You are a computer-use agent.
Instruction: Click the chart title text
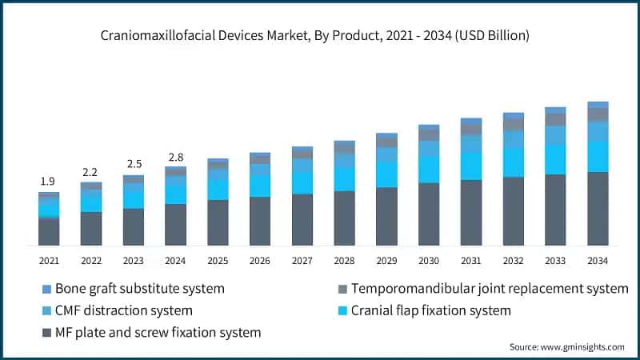[x=320, y=36]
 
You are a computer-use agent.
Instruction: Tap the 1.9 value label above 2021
[x=48, y=182]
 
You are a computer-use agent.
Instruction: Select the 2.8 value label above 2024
[x=175, y=157]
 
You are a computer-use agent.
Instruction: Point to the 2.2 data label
[x=90, y=172]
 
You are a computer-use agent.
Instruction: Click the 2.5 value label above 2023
[x=133, y=164]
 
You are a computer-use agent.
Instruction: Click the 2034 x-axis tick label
[x=598, y=261]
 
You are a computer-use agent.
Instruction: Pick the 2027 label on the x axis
[x=302, y=261]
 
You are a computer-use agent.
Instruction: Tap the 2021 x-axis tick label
[x=48, y=261]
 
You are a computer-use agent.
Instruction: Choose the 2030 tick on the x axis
[x=429, y=261]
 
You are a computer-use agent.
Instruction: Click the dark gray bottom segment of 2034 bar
[x=598, y=208]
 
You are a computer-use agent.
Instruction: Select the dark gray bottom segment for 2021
[x=48, y=231]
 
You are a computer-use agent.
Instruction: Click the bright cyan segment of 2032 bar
[x=513, y=162]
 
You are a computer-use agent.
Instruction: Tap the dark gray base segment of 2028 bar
[x=344, y=218]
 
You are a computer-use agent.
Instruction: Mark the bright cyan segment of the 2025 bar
[x=218, y=188]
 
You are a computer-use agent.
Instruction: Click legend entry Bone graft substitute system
[x=136, y=288]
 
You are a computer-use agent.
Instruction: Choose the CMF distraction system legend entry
[x=121, y=310]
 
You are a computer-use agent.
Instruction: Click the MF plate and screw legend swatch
[x=46, y=331]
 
